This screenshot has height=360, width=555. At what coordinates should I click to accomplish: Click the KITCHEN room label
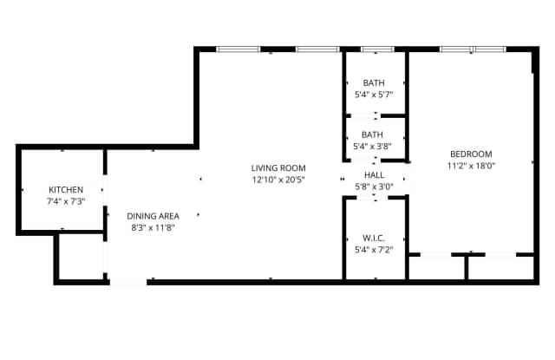66,189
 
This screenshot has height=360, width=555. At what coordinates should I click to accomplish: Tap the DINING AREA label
153,216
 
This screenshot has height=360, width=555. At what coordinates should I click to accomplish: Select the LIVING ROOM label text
278,168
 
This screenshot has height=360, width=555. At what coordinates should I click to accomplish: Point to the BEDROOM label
469,154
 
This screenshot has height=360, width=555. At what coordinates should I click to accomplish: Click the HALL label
374,174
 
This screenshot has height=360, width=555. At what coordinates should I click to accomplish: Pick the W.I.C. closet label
374,238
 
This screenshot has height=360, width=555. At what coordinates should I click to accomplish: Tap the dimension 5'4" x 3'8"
374,146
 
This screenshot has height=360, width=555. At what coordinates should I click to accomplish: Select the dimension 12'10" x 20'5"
278,180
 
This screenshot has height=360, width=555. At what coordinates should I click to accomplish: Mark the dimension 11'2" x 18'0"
469,165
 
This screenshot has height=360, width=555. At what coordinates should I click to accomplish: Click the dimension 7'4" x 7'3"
66,200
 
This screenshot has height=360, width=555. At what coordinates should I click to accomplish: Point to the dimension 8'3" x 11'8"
153,227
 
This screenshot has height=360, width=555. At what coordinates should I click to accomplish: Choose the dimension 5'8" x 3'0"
374,186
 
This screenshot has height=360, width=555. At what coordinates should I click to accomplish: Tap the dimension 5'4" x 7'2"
374,249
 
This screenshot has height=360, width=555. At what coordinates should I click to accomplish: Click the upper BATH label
374,82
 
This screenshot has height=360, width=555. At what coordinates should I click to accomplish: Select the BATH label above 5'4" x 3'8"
374,134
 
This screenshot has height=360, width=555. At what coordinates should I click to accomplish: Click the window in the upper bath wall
375,49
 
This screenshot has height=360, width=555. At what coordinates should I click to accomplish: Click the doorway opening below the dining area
128,280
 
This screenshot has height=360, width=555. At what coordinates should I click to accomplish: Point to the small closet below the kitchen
80,257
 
